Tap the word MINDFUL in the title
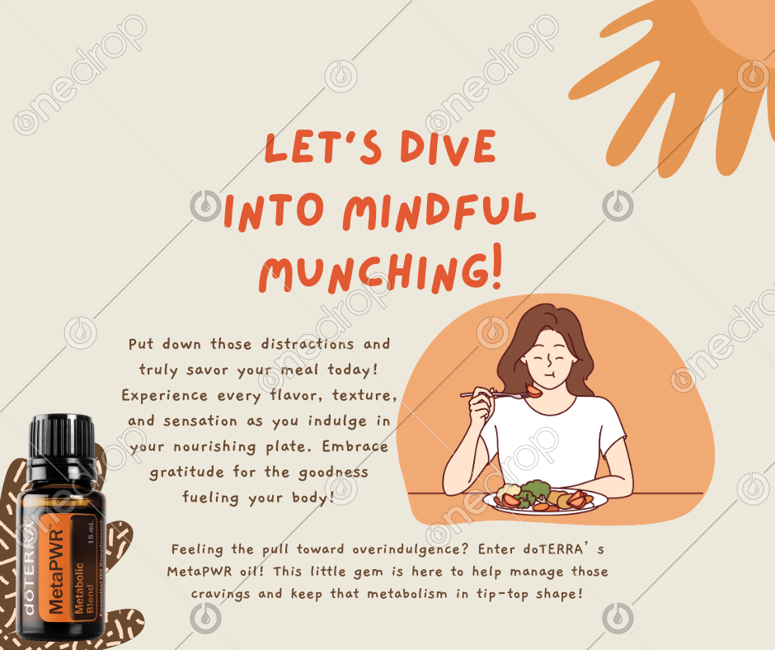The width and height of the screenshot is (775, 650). click(439, 211)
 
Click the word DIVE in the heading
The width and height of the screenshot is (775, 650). click(448, 147)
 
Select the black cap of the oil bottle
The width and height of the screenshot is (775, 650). click(62, 440)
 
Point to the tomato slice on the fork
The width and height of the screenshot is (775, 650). click(533, 391)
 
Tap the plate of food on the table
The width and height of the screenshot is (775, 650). click(546, 501)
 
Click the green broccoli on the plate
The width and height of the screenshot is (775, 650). click(535, 490)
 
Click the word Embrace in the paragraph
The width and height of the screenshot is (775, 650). click(355, 446)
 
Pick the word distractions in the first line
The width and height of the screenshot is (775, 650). click(308, 344)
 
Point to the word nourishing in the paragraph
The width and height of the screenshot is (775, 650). click(214, 447)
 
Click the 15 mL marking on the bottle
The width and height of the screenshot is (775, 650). click(91, 533)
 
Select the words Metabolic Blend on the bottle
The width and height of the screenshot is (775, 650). click(84, 588)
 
